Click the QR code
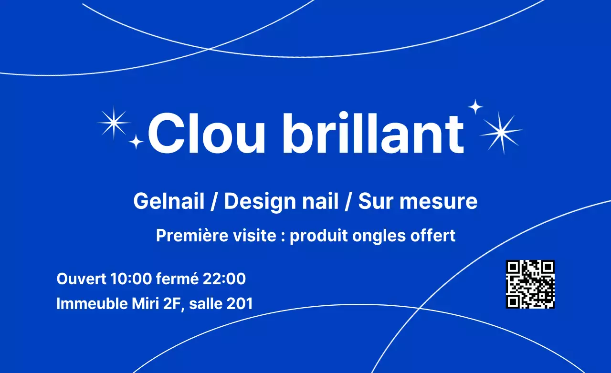coord(530,284)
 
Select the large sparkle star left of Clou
coord(114,123)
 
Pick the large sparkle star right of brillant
coord(501,132)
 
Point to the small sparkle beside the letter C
coord(136,141)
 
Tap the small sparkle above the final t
coord(475,107)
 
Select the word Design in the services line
coord(253,201)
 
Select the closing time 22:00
coord(224,279)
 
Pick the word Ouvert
coord(81,279)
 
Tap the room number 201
coord(240,303)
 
